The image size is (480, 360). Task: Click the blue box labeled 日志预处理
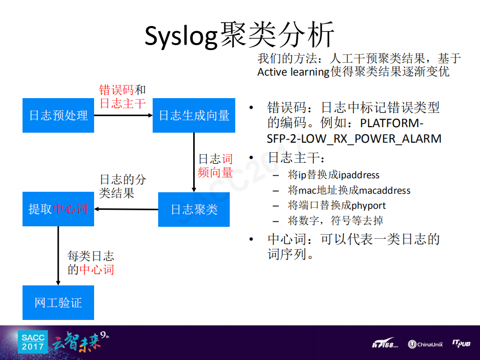pyautogui.click(x=58, y=115)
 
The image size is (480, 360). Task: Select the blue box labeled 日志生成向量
pyautogui.click(x=194, y=115)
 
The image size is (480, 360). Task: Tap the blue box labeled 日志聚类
pyautogui.click(x=194, y=209)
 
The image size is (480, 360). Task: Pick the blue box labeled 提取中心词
pyautogui.click(x=58, y=209)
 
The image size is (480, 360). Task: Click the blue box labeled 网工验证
pyautogui.click(x=58, y=302)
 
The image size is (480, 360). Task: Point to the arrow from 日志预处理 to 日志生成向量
pyautogui.click(x=123, y=115)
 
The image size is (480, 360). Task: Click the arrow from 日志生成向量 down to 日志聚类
pyautogui.click(x=194, y=162)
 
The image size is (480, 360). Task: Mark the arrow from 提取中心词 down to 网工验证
pyautogui.click(x=58, y=255)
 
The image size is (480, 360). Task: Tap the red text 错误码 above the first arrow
pyautogui.click(x=116, y=90)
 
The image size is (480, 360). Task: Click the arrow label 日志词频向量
pyautogui.click(x=215, y=166)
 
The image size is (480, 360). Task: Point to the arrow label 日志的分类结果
pyautogui.click(x=123, y=186)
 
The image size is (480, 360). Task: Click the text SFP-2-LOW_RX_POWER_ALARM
pyautogui.click(x=354, y=138)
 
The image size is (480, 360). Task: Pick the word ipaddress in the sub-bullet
pyautogui.click(x=359, y=175)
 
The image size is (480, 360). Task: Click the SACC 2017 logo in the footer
pyautogui.click(x=33, y=342)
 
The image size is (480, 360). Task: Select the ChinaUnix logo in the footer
pyautogui.click(x=425, y=344)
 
